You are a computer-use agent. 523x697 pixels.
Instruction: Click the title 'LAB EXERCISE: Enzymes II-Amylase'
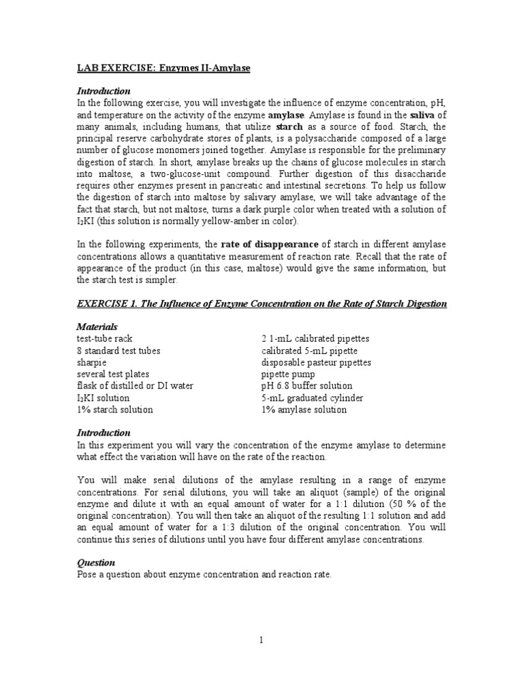[x=164, y=68]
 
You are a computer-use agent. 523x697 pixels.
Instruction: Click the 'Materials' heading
[x=97, y=327]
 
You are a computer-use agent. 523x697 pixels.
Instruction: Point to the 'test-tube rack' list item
[x=105, y=338]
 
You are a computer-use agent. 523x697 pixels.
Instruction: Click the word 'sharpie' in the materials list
[x=92, y=362]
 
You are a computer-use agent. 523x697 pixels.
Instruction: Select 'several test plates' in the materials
[x=113, y=374]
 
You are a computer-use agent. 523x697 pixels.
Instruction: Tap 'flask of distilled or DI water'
[x=136, y=386]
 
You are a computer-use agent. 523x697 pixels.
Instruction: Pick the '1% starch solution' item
[x=115, y=410]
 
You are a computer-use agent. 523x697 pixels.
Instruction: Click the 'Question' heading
[x=96, y=563]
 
